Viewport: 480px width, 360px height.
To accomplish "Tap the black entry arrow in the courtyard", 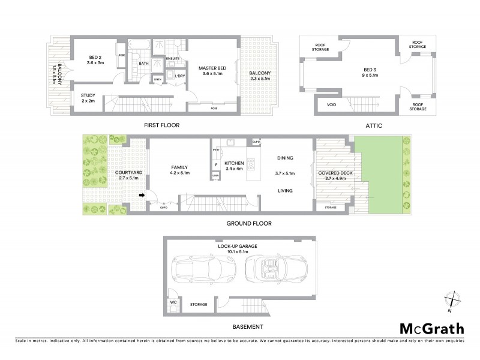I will click(142, 195).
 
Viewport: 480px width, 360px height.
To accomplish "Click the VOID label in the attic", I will click(331, 104).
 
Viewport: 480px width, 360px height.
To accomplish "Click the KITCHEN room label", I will click(234, 163).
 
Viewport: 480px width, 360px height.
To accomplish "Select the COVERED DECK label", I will click(333, 175).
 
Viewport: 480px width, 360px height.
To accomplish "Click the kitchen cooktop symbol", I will click(252, 163).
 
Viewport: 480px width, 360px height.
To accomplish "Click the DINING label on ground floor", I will click(285, 158).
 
